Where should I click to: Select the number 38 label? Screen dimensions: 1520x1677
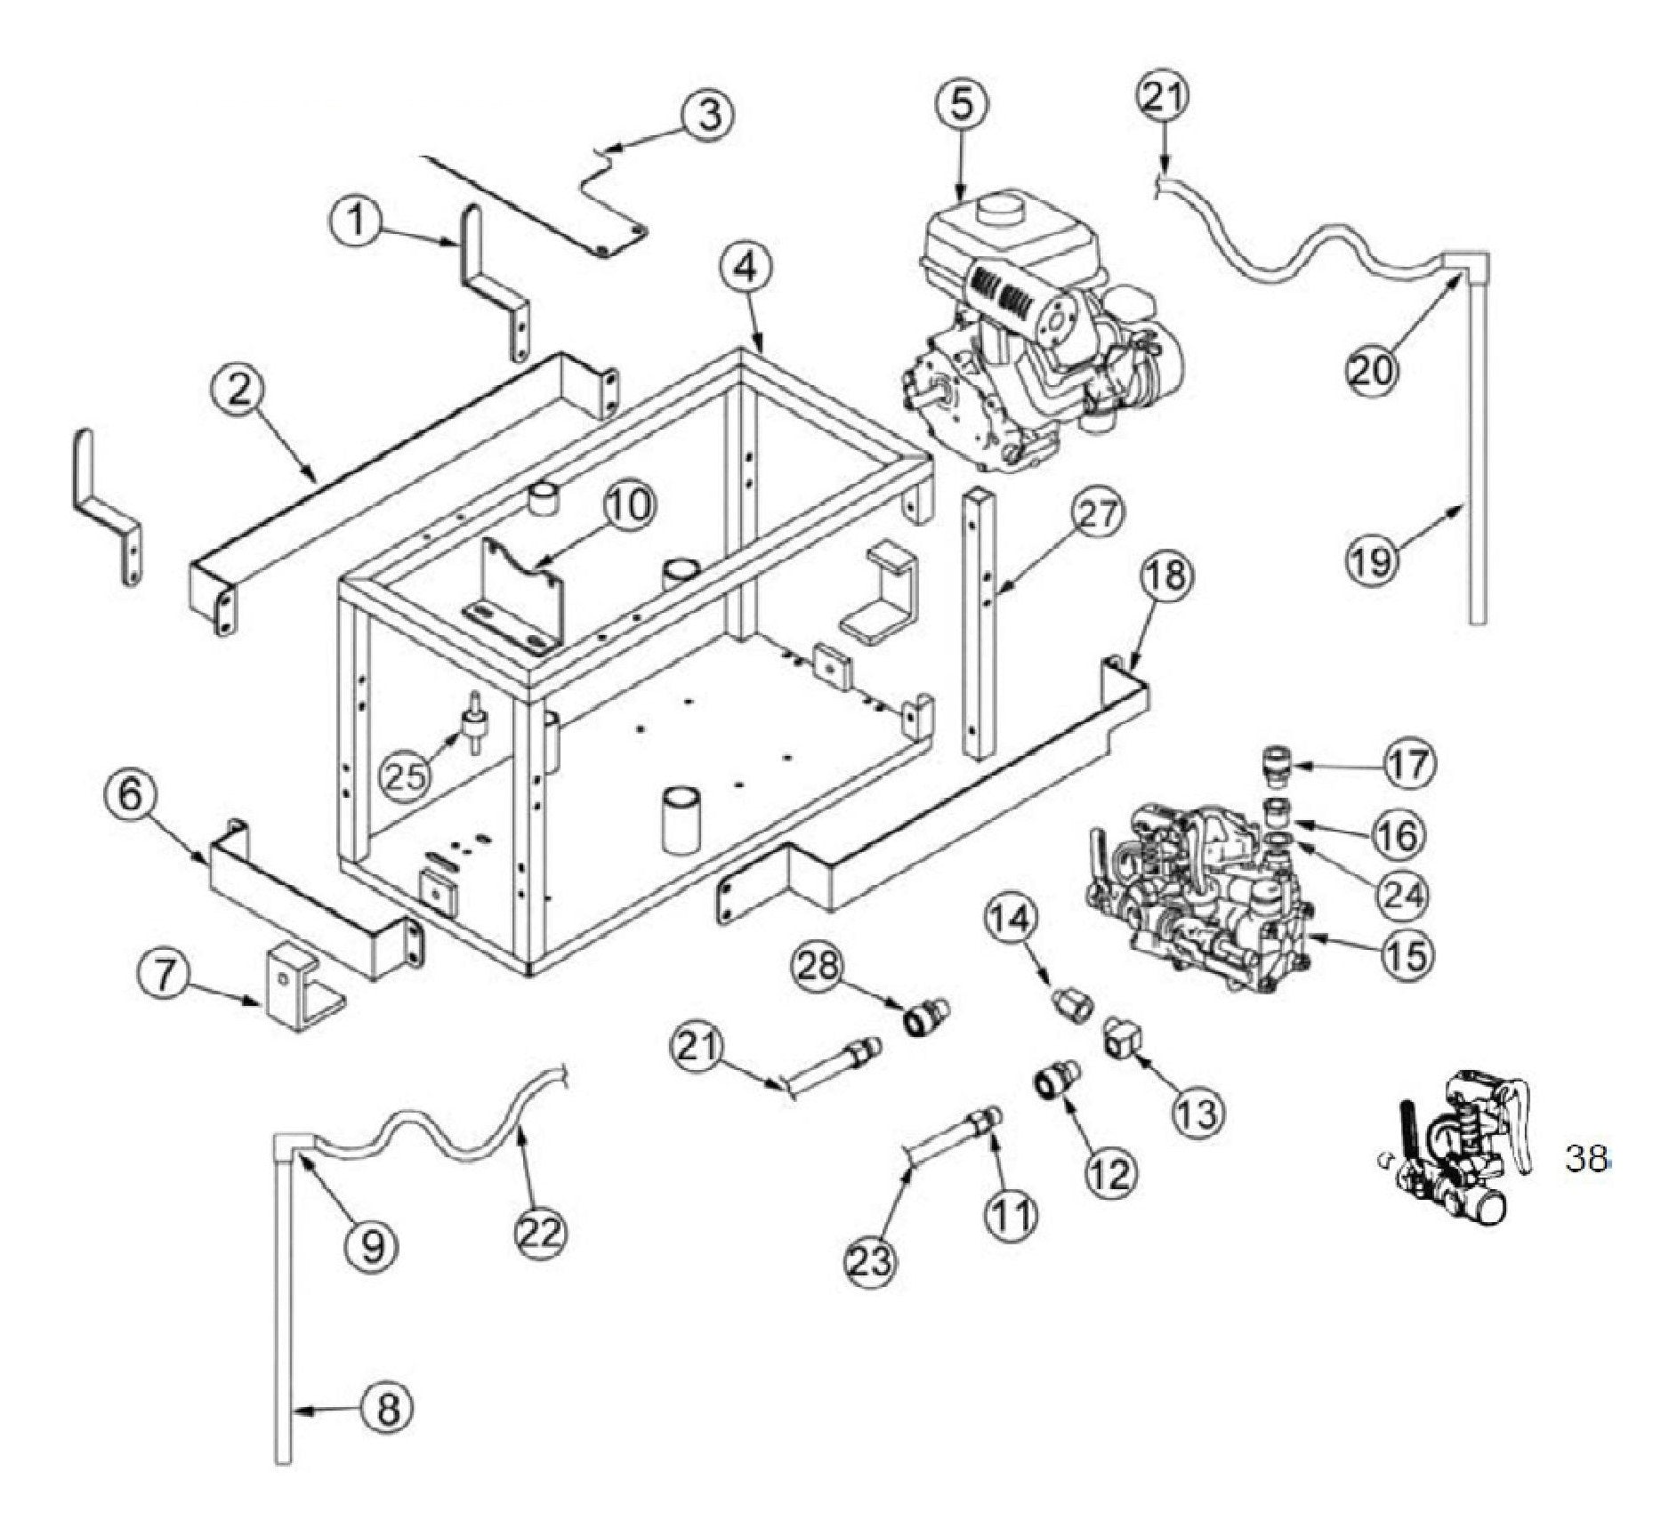click(x=1586, y=1159)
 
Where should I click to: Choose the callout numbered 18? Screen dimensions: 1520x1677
click(x=1166, y=576)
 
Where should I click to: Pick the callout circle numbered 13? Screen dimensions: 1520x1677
click(x=1197, y=1112)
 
